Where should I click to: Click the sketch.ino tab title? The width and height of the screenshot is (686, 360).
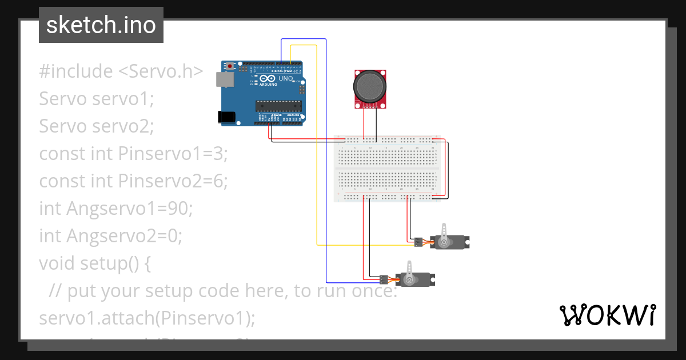(x=101, y=25)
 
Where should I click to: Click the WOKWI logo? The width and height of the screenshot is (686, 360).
(x=607, y=315)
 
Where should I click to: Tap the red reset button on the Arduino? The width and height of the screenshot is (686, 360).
(x=230, y=67)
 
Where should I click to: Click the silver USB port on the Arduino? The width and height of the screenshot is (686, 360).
(x=225, y=79)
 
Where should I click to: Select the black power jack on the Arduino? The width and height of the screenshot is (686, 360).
(x=228, y=117)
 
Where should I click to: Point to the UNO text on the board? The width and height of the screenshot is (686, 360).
(x=285, y=78)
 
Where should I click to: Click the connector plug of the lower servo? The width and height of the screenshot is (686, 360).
(x=383, y=279)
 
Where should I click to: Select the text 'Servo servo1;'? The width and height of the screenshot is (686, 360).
(x=97, y=99)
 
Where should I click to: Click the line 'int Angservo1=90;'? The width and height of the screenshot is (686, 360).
(x=116, y=209)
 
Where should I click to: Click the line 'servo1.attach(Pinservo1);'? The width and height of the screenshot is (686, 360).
(x=147, y=318)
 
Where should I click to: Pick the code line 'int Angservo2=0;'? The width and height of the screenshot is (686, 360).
(x=110, y=236)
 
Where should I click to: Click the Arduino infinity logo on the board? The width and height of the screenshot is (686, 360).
(x=266, y=78)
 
